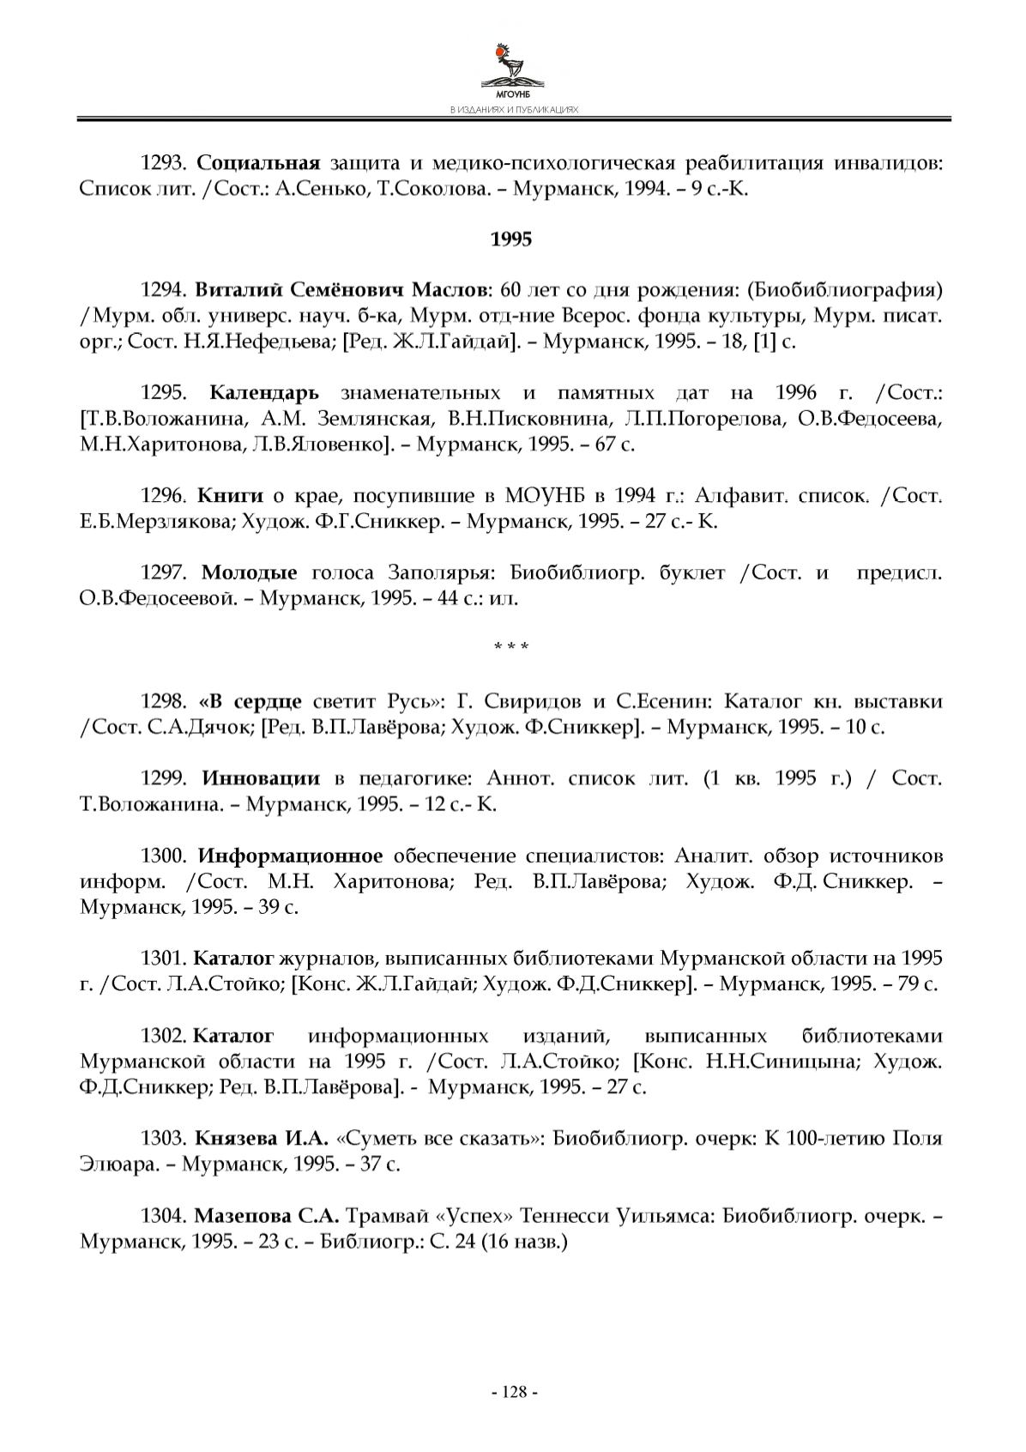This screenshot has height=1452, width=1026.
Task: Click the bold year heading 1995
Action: [511, 239]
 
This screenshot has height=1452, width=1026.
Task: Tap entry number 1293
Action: [163, 163]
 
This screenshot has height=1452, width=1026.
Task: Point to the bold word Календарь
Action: [263, 394]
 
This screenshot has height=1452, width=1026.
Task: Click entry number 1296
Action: [163, 496]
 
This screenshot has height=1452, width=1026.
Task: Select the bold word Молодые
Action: [250, 573]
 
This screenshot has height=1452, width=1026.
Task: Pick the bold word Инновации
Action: [261, 779]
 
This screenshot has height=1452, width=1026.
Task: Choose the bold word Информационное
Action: [290, 856]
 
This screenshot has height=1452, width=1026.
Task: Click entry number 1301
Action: [163, 959]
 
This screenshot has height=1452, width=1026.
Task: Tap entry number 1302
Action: [163, 1036]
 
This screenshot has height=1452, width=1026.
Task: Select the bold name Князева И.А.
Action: [262, 1140]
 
